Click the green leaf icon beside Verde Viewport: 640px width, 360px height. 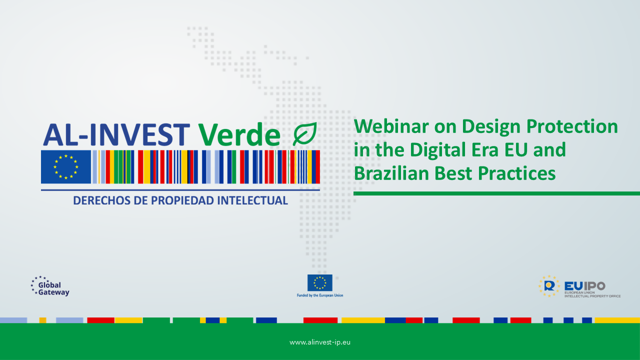pos(305,133)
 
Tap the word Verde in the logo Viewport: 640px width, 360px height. pos(239,134)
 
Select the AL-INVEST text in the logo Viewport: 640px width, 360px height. pos(116,134)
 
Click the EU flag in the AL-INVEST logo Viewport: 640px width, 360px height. pos(66,167)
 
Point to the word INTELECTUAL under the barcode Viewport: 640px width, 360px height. pos(252,200)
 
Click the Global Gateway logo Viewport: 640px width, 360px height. pos(50,286)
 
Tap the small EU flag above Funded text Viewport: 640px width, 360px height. pos(319,283)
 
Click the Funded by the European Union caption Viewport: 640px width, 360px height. pos(319,295)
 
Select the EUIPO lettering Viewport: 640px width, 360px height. pos(585,285)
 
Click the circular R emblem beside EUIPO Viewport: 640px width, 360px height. pos(549,286)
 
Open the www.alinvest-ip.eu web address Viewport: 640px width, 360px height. pos(319,342)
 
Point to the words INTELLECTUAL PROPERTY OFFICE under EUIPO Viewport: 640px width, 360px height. pos(592,296)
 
